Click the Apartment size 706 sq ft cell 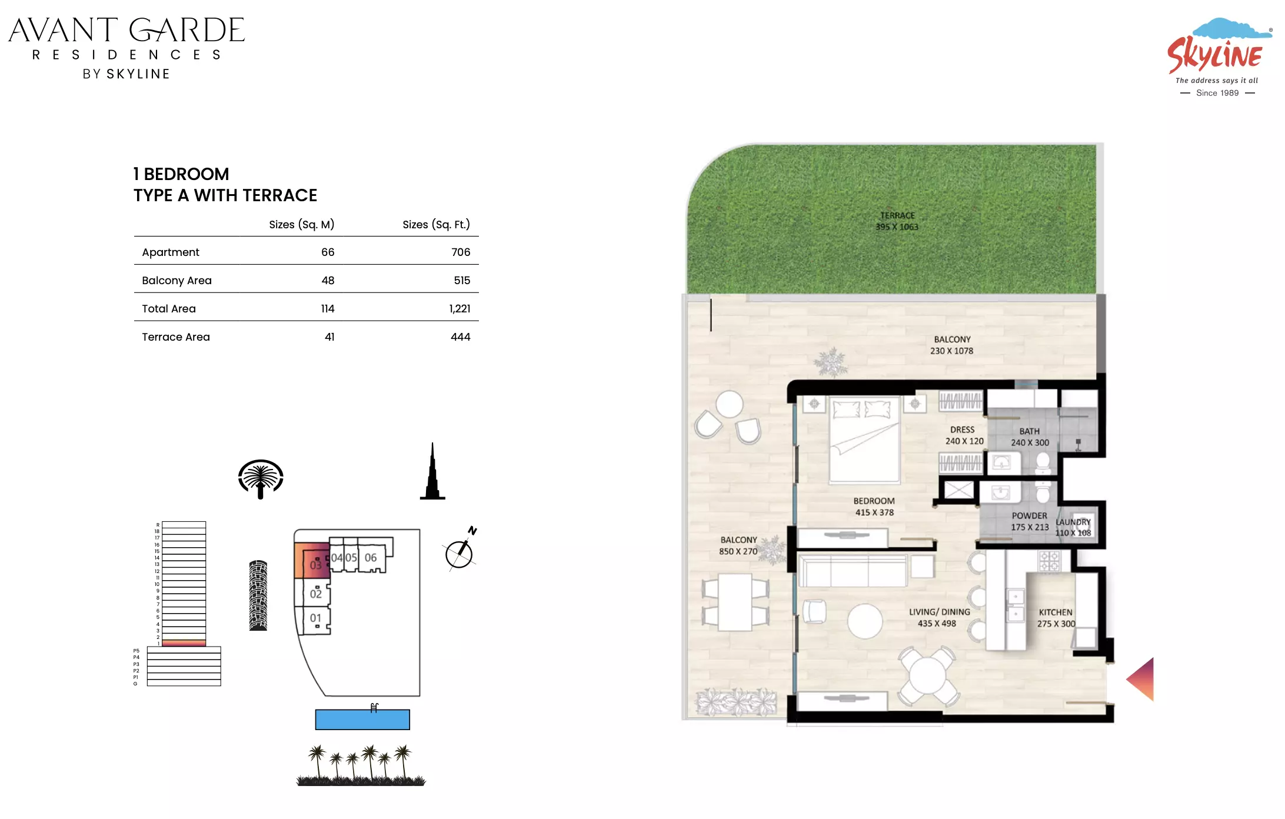(x=461, y=252)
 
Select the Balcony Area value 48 (x=328, y=281)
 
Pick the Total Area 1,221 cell (x=460, y=309)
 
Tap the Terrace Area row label (x=176, y=337)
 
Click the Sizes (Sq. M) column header (x=301, y=225)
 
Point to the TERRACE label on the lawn (x=897, y=216)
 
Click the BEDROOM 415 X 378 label (x=874, y=507)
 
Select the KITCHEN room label (x=1056, y=612)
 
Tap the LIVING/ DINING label (x=940, y=612)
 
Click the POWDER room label (x=1030, y=516)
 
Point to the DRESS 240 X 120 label (x=964, y=435)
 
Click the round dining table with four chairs (x=928, y=675)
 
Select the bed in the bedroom (x=864, y=440)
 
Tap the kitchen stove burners (x=1049, y=561)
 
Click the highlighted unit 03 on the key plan (x=311, y=561)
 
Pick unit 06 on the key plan (x=371, y=557)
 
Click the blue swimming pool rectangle (x=362, y=720)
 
